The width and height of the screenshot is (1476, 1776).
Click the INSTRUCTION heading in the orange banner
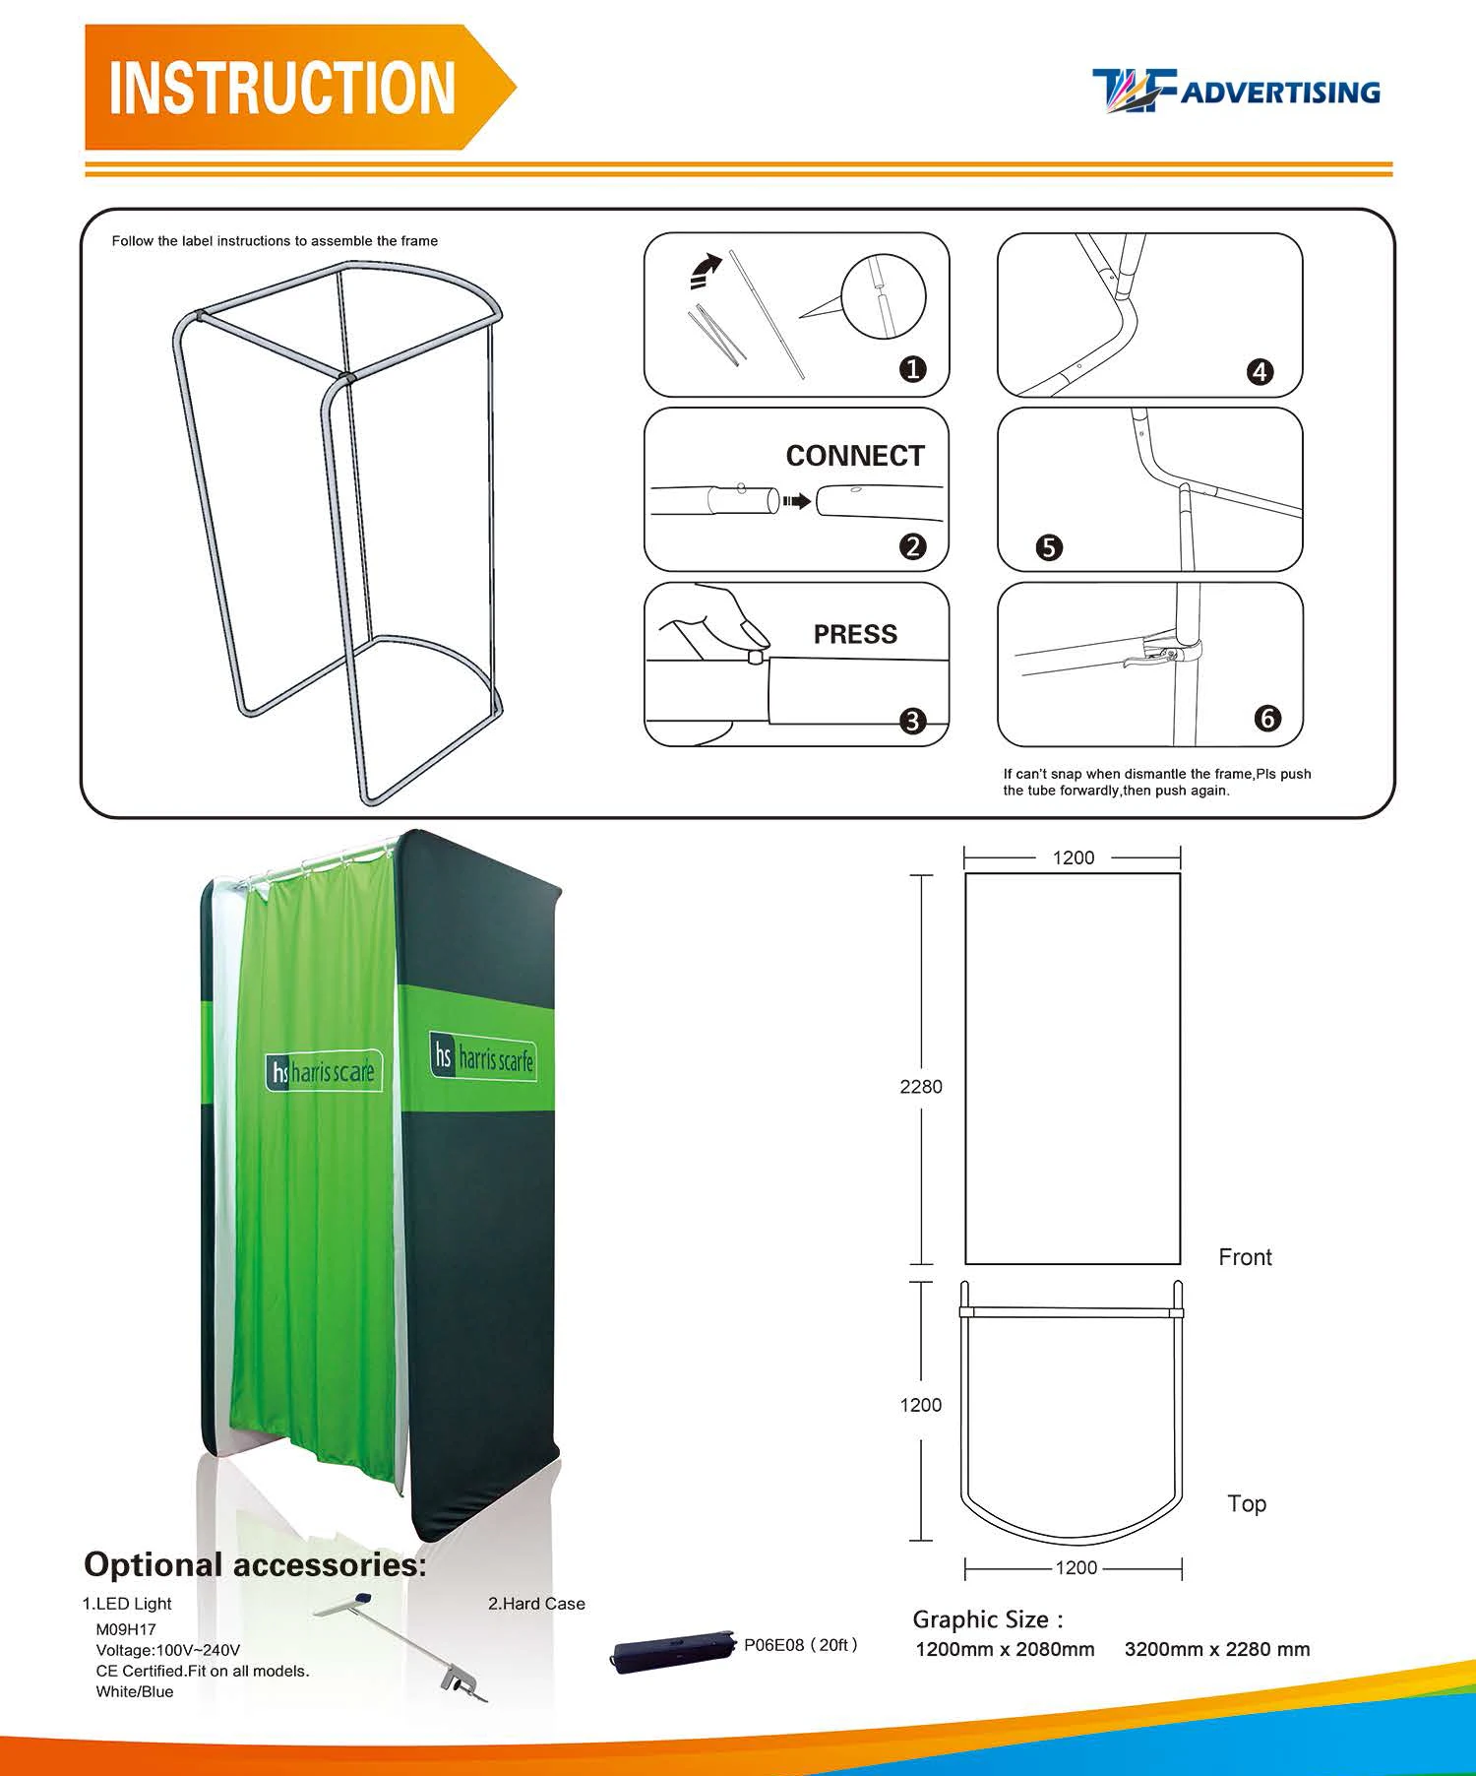click(282, 88)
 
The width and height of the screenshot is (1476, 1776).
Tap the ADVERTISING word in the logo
click(1279, 93)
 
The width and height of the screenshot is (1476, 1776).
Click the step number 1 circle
click(913, 369)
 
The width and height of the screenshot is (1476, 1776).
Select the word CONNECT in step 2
click(854, 456)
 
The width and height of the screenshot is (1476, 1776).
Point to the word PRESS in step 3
click(854, 634)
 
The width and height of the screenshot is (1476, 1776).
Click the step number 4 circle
click(1260, 372)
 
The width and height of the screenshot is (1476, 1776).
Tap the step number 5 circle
click(1049, 547)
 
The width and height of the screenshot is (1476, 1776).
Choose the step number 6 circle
click(1267, 719)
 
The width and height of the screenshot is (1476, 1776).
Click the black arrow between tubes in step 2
click(797, 502)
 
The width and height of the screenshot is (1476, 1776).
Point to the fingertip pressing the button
click(753, 635)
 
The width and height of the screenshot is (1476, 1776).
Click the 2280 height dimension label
click(920, 1087)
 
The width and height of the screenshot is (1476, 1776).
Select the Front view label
click(1245, 1257)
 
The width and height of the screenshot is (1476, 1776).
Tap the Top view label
click(1247, 1503)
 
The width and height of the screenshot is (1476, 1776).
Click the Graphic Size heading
click(987, 1619)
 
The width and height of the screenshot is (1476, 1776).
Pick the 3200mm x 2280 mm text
click(1216, 1650)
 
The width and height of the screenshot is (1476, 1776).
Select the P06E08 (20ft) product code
click(801, 1645)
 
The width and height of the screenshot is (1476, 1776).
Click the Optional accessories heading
click(256, 1564)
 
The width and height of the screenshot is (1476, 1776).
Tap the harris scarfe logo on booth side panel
click(483, 1057)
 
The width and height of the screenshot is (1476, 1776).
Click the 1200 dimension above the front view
click(1073, 857)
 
